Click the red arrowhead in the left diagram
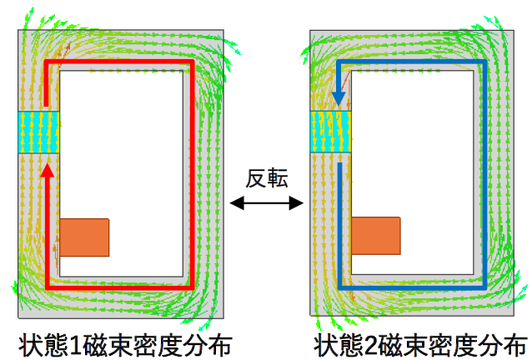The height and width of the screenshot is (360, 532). (x=48, y=170)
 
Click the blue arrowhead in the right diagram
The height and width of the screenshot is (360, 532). (x=339, y=99)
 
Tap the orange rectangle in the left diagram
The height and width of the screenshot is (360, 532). (x=84, y=237)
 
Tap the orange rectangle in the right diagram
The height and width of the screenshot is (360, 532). (x=376, y=236)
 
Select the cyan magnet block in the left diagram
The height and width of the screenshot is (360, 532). (x=38, y=132)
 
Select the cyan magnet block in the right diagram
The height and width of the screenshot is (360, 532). (x=331, y=132)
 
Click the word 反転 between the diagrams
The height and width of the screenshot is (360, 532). (x=267, y=178)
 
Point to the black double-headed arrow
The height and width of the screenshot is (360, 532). (x=267, y=203)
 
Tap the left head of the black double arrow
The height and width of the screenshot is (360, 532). (x=237, y=203)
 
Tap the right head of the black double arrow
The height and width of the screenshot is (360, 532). (x=297, y=203)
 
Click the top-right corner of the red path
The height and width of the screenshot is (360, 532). (x=193, y=62)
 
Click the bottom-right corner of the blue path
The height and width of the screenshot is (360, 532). (x=484, y=287)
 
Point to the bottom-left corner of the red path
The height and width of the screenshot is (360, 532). (x=48, y=287)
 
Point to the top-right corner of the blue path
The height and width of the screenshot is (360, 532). (x=484, y=62)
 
